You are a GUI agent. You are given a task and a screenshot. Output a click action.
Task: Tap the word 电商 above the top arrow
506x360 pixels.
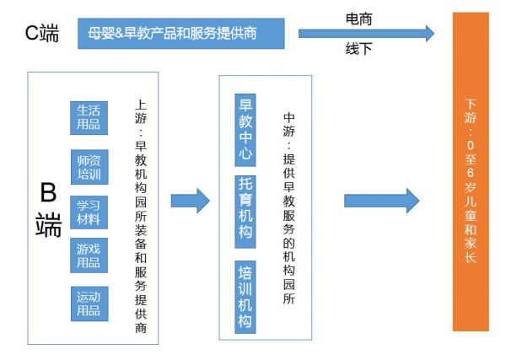358,19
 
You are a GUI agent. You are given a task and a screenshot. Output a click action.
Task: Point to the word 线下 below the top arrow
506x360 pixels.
358,49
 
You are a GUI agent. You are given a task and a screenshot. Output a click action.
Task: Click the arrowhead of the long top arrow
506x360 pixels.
428,33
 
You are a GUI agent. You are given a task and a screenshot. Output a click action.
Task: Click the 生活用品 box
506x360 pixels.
89,118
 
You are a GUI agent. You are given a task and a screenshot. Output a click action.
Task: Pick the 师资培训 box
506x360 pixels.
89,167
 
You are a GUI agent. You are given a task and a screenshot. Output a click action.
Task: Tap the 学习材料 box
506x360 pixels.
89,212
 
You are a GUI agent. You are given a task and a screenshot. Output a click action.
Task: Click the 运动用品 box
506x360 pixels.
89,304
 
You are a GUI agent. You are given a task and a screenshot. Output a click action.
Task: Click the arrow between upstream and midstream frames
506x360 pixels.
190,201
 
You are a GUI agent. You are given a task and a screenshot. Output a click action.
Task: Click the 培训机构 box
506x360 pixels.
245,297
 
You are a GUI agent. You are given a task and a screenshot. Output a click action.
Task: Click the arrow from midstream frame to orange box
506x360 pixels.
381,201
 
